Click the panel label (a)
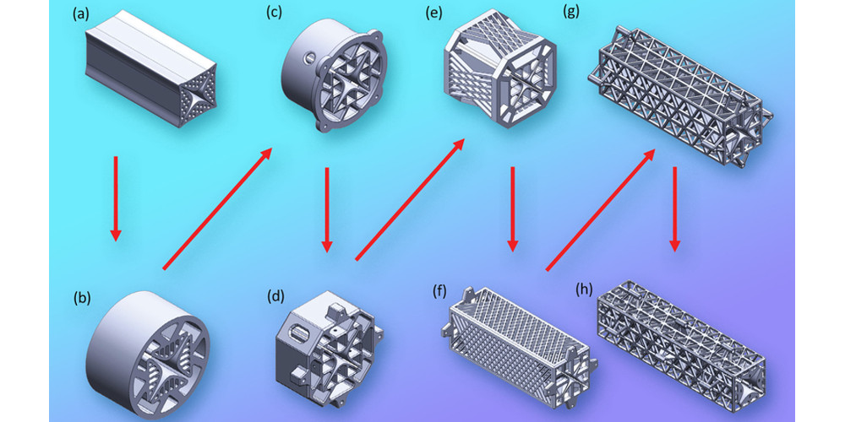point(81,14)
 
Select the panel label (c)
point(274,13)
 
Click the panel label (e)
point(433,13)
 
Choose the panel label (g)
point(570,11)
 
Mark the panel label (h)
point(584,289)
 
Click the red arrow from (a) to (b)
point(115,198)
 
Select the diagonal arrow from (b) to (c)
point(216,209)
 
